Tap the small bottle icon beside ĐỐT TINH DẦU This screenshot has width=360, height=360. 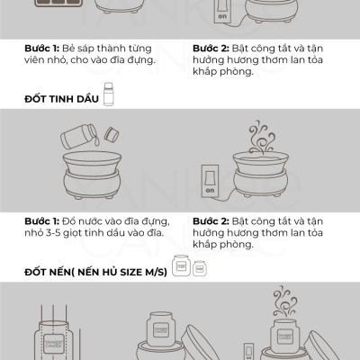coord(109,94)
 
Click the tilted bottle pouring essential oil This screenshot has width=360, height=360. coord(78,136)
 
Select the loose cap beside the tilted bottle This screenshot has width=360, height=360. coord(112,135)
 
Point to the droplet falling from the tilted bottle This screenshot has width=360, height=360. coord(96,142)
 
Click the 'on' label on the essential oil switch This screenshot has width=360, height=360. coord(210,190)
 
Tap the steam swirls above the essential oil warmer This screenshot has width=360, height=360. coord(262,137)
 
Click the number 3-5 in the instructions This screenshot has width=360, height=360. coord(53,233)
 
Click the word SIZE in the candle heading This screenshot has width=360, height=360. coord(131,272)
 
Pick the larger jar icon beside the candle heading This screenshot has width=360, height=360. coord(181,265)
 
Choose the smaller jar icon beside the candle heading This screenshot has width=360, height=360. coord(199,268)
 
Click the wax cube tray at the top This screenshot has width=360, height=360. coord(55,4)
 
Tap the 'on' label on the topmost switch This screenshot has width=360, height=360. coord(222,16)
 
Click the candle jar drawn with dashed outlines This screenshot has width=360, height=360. coord(53,342)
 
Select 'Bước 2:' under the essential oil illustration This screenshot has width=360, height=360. coord(211,221)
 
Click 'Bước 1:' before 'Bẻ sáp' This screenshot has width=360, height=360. coord(42,49)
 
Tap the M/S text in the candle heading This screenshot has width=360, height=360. coord(156,272)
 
